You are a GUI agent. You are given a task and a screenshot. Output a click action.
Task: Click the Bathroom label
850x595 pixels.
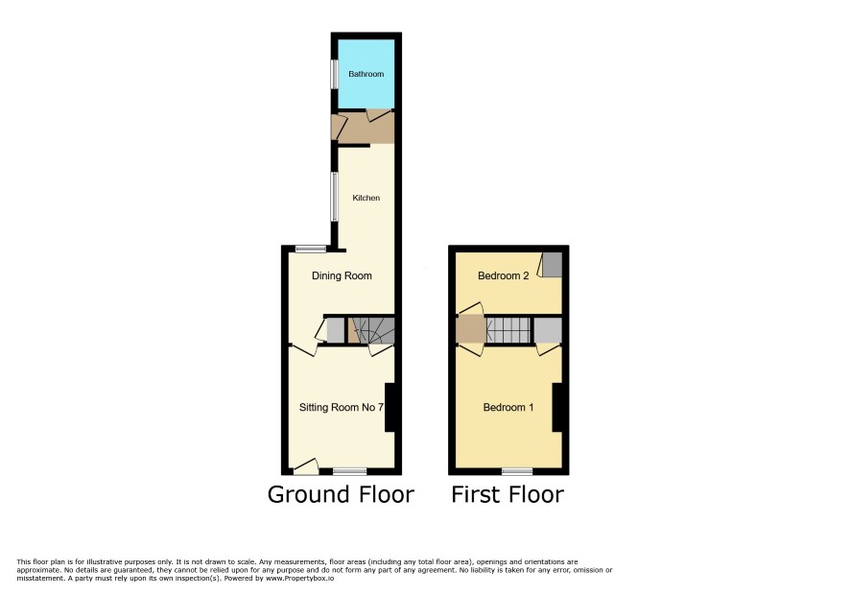pyautogui.click(x=366, y=74)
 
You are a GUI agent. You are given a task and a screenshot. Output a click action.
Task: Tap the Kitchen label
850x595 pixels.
pyautogui.click(x=366, y=198)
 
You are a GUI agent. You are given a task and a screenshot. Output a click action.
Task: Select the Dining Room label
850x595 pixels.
pyautogui.click(x=342, y=275)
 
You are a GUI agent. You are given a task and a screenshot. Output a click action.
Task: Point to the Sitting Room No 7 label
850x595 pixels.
pyautogui.click(x=342, y=407)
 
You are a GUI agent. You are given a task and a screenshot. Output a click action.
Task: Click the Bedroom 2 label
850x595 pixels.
pyautogui.click(x=503, y=275)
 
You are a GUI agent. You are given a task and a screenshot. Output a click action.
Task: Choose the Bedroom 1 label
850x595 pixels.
pyautogui.click(x=508, y=407)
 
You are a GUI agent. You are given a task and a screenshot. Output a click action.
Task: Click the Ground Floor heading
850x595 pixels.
pyautogui.click(x=341, y=494)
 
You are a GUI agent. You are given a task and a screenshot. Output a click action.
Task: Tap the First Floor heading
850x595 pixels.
pyautogui.click(x=508, y=494)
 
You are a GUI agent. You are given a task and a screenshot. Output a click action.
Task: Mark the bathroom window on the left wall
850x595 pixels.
pyautogui.click(x=335, y=73)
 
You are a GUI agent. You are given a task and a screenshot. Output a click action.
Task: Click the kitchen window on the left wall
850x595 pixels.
pyautogui.click(x=335, y=197)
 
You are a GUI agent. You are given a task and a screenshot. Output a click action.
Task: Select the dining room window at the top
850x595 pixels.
pyautogui.click(x=311, y=249)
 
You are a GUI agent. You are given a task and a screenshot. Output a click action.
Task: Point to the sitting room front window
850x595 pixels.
pyautogui.click(x=349, y=471)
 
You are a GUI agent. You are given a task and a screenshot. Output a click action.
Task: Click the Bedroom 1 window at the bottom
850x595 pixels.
pyautogui.click(x=517, y=471)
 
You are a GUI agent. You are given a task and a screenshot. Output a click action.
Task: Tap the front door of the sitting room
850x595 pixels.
pyautogui.click(x=306, y=467)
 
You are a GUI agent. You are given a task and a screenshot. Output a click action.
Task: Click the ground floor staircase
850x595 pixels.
pyautogui.click(x=370, y=330)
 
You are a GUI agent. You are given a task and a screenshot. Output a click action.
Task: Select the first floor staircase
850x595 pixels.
pyautogui.click(x=508, y=330)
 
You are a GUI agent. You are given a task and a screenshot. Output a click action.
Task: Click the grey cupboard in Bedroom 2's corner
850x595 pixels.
pyautogui.click(x=553, y=265)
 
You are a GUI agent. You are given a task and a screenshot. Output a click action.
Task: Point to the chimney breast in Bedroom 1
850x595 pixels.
pyautogui.click(x=556, y=407)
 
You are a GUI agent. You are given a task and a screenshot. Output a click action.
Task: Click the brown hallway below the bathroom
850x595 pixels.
pyautogui.click(x=363, y=128)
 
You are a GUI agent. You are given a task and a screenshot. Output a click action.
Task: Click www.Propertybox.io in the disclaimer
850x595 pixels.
pyautogui.click(x=299, y=578)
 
